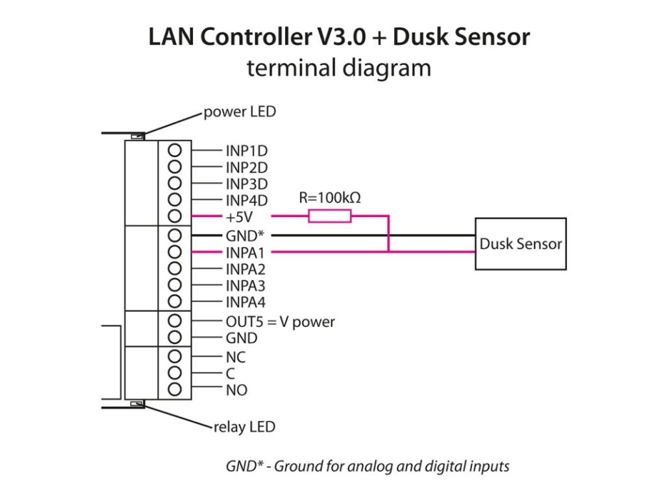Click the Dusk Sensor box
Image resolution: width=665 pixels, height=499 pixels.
pyautogui.click(x=520, y=244)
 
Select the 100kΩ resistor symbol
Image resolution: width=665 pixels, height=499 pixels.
pyautogui.click(x=330, y=216)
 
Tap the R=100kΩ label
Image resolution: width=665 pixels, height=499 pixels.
pyautogui.click(x=329, y=198)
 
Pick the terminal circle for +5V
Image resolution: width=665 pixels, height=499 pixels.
pyautogui.click(x=174, y=216)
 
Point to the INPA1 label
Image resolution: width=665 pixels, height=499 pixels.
pyautogui.click(x=246, y=252)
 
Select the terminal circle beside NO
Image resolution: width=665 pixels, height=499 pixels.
pyautogui.click(x=174, y=389)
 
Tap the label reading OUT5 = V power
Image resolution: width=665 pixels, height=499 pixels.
pyautogui.click(x=280, y=322)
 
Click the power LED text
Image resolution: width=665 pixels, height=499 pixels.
pyautogui.click(x=240, y=112)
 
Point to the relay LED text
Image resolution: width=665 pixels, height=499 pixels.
pyautogui.click(x=244, y=427)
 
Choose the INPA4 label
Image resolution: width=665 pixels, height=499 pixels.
pyautogui.click(x=246, y=302)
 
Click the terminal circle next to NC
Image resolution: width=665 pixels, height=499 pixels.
pyautogui.click(x=174, y=356)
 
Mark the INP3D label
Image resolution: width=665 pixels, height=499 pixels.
pyautogui.click(x=247, y=184)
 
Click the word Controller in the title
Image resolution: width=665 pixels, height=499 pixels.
pyautogui.click(x=269, y=37)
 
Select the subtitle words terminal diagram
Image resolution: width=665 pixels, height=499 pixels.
pyautogui.click(x=338, y=68)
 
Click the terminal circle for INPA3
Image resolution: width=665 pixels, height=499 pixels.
pyautogui.click(x=174, y=285)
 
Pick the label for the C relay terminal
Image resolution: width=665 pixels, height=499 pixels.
pyautogui.click(x=231, y=374)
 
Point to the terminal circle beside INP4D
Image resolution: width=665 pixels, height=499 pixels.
pyautogui.click(x=174, y=200)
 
